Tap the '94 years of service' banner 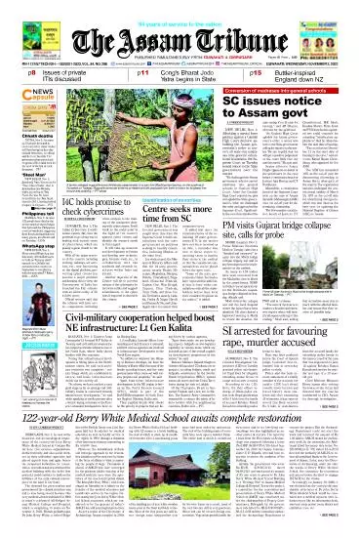click(x=180, y=7)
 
